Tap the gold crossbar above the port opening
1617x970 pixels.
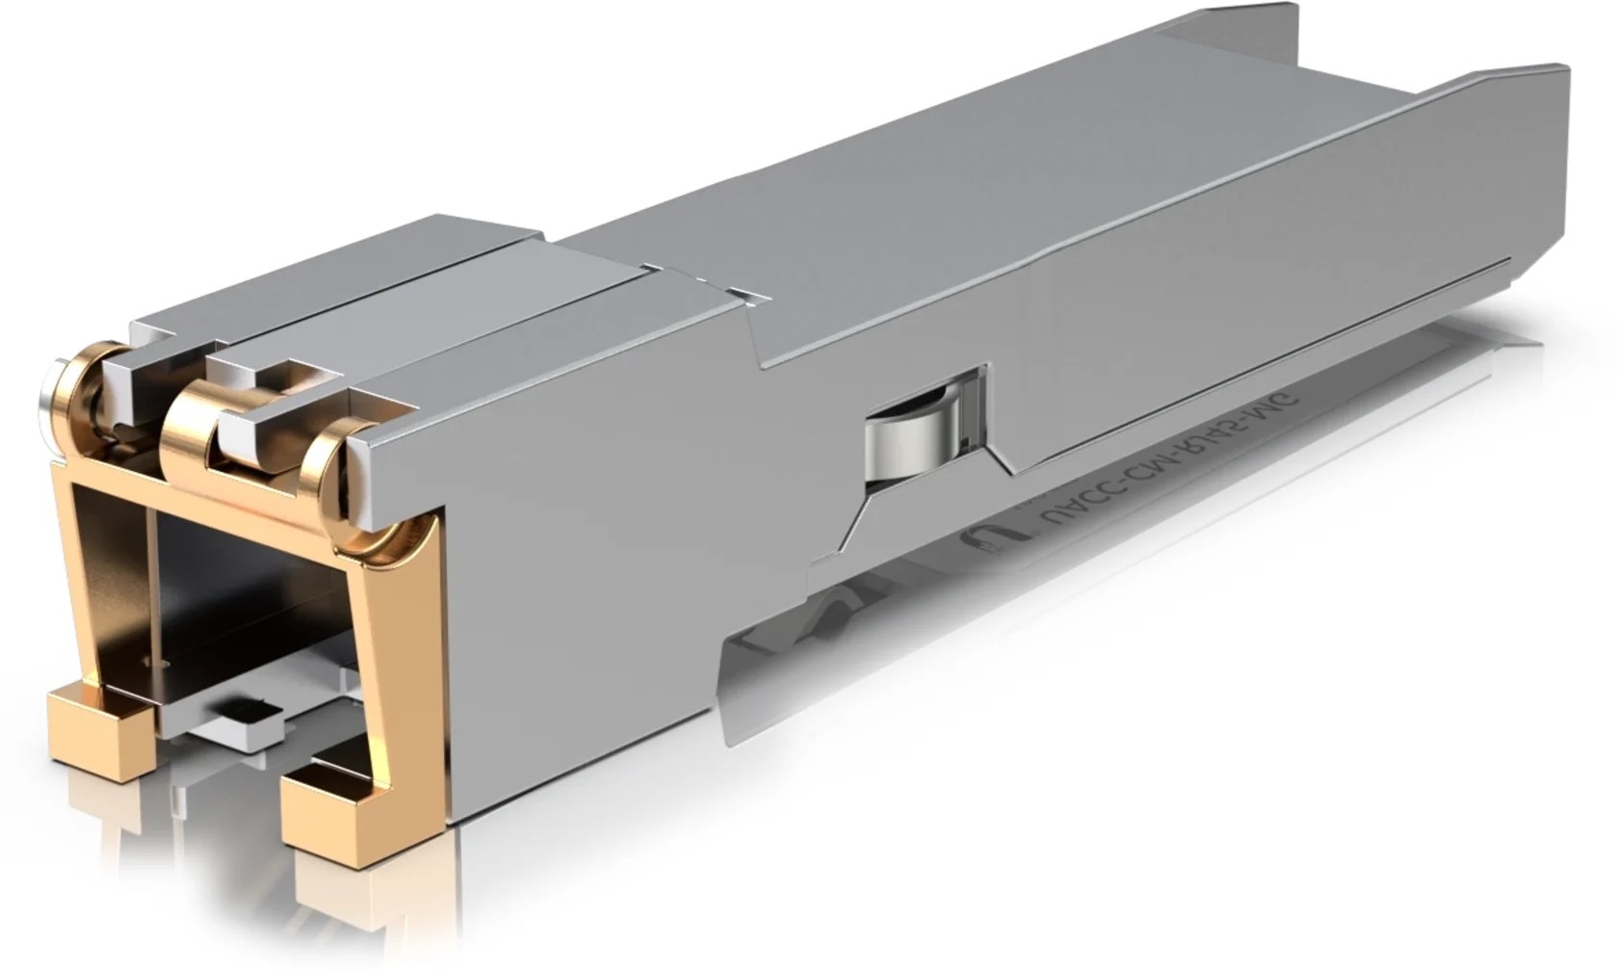[241, 501]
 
